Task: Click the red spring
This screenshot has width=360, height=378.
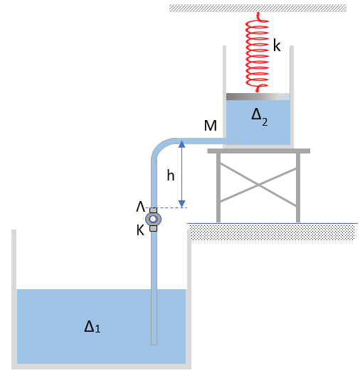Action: (258, 53)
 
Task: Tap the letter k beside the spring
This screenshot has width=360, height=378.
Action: (277, 45)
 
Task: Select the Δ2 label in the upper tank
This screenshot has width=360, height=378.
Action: (259, 117)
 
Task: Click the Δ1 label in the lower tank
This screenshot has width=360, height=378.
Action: (92, 327)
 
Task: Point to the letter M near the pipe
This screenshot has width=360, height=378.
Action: (211, 126)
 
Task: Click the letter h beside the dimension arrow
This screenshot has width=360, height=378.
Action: (171, 175)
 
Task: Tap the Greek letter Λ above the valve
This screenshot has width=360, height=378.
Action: (141, 207)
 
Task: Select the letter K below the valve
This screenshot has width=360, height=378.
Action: (140, 230)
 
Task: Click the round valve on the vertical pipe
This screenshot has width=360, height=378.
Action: (153, 219)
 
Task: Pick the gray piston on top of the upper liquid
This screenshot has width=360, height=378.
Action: (258, 97)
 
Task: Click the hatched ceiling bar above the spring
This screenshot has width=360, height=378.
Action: (258, 8)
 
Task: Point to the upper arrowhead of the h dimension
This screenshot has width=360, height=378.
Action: (182, 144)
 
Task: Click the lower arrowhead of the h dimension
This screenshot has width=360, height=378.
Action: (182, 204)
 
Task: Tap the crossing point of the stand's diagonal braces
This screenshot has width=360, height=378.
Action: (258, 185)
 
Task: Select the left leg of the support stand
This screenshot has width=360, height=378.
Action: (218, 188)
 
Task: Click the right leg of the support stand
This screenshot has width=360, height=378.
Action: (298, 188)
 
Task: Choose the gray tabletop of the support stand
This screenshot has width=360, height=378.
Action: (258, 151)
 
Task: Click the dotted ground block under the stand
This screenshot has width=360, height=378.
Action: (272, 232)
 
